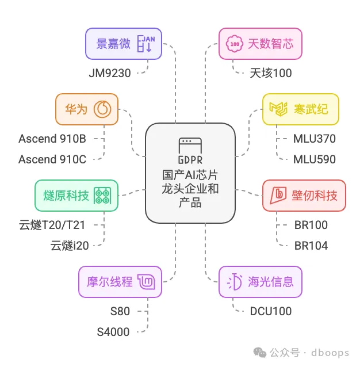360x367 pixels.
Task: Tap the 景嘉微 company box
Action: point(124,44)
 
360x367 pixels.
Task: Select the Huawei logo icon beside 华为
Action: point(103,109)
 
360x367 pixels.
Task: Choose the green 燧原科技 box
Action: point(76,196)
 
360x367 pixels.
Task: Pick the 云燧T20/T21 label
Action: point(54,225)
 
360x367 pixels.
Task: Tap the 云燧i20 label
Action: point(70,246)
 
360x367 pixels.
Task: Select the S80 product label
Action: point(120,311)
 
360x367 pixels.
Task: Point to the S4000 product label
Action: point(113,331)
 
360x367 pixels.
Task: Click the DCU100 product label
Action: point(270,311)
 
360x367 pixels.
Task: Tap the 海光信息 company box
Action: point(261,282)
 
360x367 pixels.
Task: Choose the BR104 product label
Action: point(311,246)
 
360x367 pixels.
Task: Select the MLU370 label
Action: point(314,139)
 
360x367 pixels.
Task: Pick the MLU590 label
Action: point(314,159)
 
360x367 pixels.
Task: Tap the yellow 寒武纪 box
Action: point(300,109)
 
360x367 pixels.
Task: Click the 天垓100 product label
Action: point(271,73)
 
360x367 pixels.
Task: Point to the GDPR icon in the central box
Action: point(189,149)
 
